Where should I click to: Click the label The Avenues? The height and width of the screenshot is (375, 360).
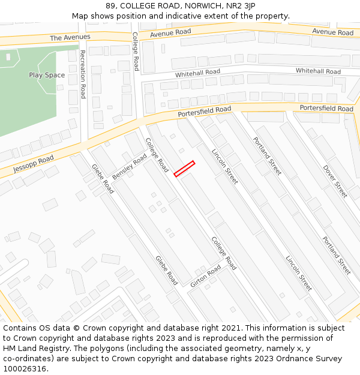pos(70,37)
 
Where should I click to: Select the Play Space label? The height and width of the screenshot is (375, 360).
pos(47,75)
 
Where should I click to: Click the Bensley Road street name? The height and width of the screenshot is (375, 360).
pos(130,167)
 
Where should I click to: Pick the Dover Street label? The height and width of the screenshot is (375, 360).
pos(335,181)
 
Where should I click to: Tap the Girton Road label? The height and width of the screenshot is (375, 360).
pos(206,277)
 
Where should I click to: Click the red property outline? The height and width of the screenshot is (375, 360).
pos(184,169)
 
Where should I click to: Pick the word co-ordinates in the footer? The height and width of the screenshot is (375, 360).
pos(26,358)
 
